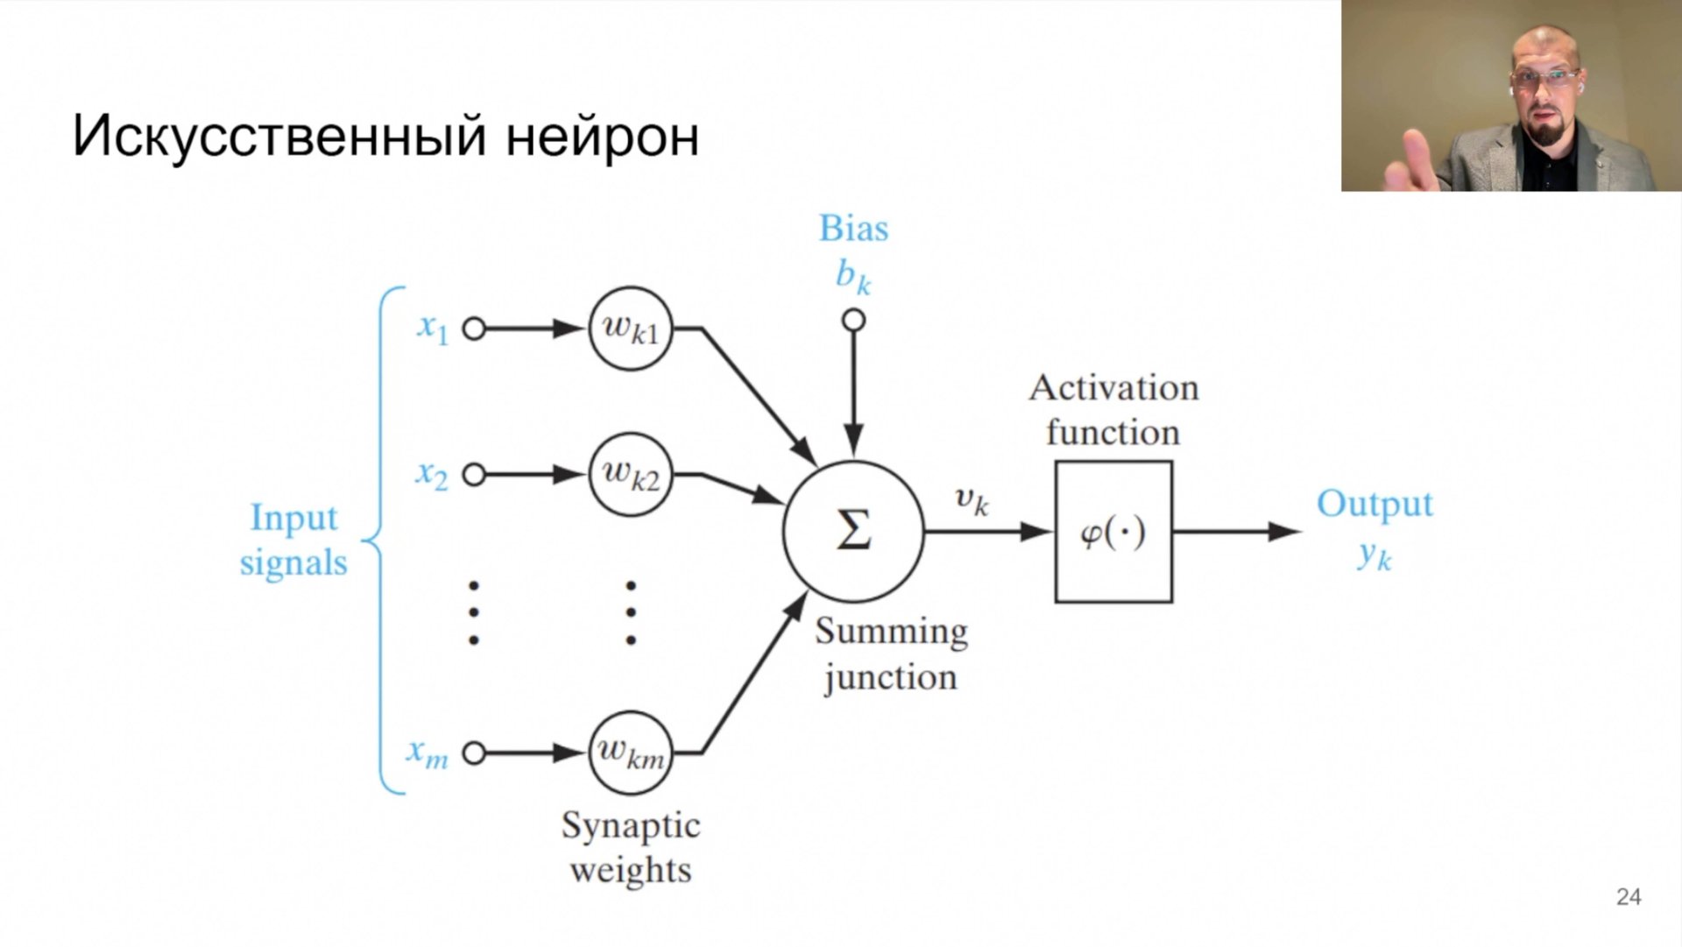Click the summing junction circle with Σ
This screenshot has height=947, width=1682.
[852, 531]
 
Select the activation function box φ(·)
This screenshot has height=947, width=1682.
[1113, 532]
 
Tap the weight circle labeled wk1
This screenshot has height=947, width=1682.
[630, 329]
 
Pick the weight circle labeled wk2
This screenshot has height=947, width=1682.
[630, 475]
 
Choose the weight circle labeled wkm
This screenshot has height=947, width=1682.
[630, 753]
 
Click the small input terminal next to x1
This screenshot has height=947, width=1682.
[474, 329]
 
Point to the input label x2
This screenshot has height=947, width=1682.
[431, 475]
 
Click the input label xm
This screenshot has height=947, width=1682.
[427, 753]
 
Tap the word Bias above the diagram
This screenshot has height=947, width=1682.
[853, 229]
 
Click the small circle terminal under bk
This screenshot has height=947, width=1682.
[853, 321]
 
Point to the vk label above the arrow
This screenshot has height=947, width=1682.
[972, 500]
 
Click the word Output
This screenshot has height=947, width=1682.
[1375, 505]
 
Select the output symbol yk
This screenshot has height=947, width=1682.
[1375, 555]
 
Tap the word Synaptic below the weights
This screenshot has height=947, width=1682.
[631, 826]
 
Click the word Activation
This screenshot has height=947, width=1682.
[1113, 388]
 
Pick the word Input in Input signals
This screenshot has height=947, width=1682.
[293, 518]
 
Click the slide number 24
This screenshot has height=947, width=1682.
[1629, 896]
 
